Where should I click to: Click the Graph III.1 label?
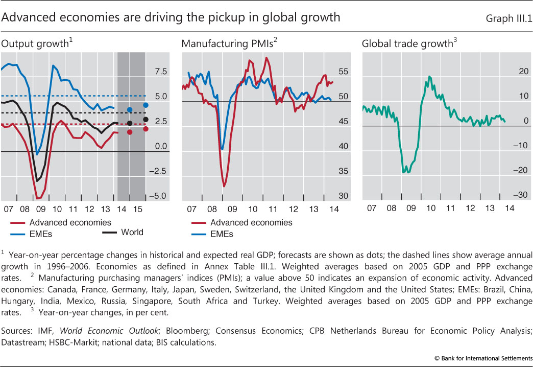[x=508, y=18]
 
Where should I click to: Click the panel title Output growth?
[x=36, y=44]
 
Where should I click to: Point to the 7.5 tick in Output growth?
[x=161, y=72]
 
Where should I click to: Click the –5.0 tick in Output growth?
[x=159, y=196]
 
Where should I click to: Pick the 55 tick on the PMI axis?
[x=343, y=72]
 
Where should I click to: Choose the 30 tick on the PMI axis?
[x=343, y=196]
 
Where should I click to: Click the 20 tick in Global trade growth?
[x=522, y=72]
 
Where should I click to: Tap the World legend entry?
[x=132, y=232]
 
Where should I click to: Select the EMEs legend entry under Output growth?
[x=39, y=234]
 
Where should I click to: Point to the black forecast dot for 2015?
[x=146, y=120]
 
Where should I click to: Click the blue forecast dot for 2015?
[x=146, y=105]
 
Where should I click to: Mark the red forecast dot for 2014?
[x=130, y=132]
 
